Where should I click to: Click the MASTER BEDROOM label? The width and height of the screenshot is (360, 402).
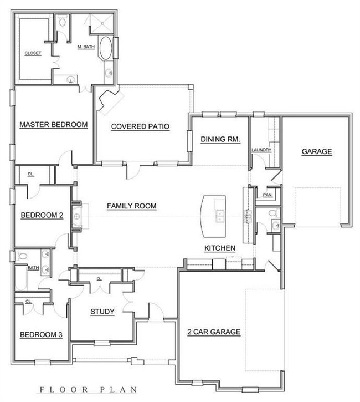(54, 125)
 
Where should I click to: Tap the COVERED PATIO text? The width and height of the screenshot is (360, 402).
(140, 126)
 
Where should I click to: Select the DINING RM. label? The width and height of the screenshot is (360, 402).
(220, 140)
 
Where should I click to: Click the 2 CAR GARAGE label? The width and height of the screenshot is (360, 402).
(213, 332)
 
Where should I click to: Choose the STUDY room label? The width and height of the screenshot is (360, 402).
(102, 312)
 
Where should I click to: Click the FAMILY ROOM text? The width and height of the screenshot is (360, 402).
(131, 206)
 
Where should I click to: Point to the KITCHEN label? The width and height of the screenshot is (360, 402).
(220, 248)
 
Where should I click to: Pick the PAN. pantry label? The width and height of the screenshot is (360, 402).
(267, 195)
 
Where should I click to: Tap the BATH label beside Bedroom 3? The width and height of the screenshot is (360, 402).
(33, 268)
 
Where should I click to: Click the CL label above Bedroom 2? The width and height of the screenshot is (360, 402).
(30, 174)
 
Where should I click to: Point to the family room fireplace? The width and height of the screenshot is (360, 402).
(78, 215)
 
